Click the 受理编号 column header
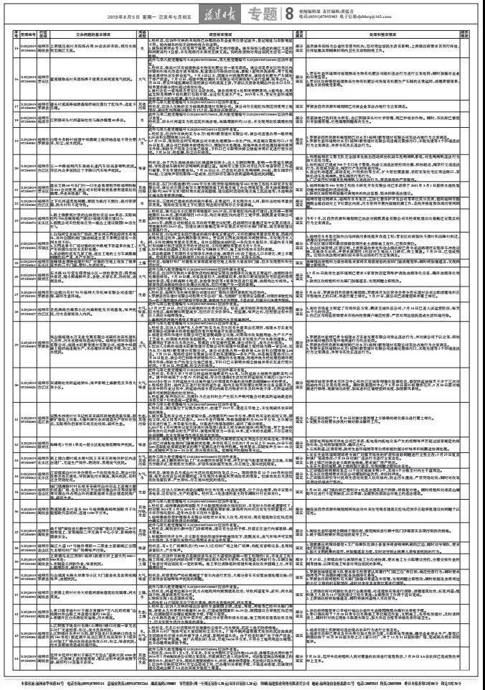[x=27, y=33]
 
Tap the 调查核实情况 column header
[x=219, y=33]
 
